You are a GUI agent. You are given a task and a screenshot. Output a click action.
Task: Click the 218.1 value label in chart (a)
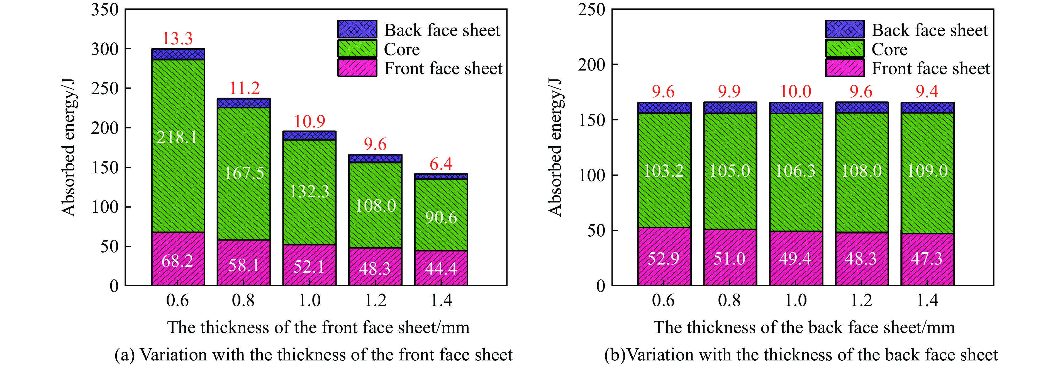coord(177,137)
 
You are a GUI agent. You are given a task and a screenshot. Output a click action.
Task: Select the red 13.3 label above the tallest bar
coord(177,38)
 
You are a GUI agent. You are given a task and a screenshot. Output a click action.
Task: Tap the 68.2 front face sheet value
coord(177,261)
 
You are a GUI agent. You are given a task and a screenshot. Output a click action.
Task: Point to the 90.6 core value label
coord(441,217)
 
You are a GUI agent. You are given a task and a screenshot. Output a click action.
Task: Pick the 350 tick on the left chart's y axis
coord(105,9)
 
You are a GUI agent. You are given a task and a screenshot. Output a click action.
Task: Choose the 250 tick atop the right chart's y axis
coord(591,9)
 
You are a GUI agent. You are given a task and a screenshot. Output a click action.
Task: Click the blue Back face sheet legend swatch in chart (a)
coord(357,29)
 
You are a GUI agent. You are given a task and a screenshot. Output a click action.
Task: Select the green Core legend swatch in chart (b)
coord(845,49)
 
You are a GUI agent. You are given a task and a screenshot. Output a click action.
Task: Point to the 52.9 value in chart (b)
coord(664,258)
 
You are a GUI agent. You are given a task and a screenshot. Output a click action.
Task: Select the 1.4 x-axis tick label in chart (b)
coord(927,300)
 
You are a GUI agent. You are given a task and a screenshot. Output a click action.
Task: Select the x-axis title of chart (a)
coord(318,328)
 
